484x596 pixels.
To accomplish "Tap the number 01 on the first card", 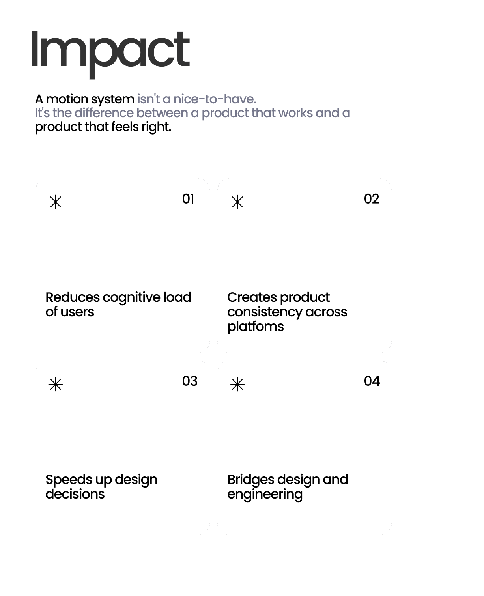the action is pyautogui.click(x=188, y=199).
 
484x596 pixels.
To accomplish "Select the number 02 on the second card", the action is pyautogui.click(x=372, y=199).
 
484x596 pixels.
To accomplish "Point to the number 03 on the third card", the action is pyautogui.click(x=190, y=381).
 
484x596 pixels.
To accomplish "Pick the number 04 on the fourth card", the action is pyautogui.click(x=372, y=381).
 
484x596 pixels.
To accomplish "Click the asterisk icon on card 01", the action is pyautogui.click(x=56, y=202).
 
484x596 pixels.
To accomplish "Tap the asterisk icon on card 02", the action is pyautogui.click(x=237, y=202).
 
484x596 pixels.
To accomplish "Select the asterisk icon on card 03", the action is pyautogui.click(x=56, y=384).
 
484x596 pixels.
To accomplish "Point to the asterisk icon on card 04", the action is pyautogui.click(x=237, y=384).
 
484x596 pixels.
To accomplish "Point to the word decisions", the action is pyautogui.click(x=75, y=494).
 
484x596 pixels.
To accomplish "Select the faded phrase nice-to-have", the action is pyautogui.click(x=215, y=99).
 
